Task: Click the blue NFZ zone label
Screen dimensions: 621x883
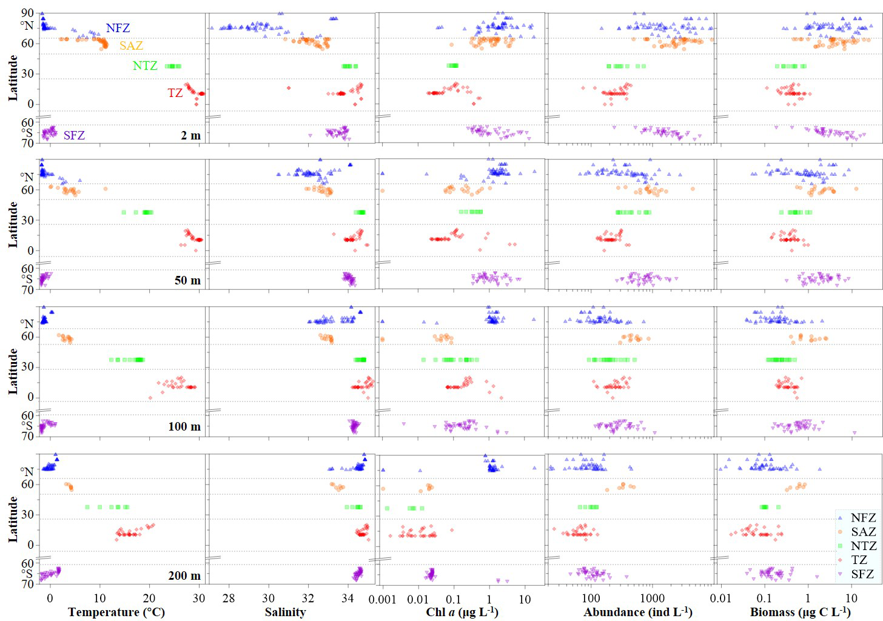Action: tap(118, 28)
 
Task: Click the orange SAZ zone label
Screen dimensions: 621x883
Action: tap(131, 45)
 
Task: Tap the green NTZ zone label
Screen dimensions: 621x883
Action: tap(145, 65)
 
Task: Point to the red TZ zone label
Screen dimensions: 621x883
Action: tap(175, 93)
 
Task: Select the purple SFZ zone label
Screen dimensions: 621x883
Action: tap(74, 135)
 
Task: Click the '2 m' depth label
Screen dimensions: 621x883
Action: tap(190, 135)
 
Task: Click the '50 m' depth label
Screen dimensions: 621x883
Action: tap(187, 280)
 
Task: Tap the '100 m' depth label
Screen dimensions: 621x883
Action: tap(184, 426)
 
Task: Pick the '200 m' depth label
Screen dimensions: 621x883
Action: tap(184, 575)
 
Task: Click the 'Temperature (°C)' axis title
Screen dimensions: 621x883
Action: tap(116, 612)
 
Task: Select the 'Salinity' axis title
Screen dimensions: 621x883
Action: tap(285, 612)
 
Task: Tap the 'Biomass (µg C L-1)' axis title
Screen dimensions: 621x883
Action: tap(801, 612)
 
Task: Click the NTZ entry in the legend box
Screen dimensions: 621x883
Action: tap(863, 546)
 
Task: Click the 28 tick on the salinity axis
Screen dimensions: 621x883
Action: tap(229, 599)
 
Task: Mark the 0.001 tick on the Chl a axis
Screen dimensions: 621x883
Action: tap(382, 599)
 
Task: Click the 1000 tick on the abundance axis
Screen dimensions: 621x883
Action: tap(652, 599)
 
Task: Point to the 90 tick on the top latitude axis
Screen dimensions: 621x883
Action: tap(27, 13)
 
